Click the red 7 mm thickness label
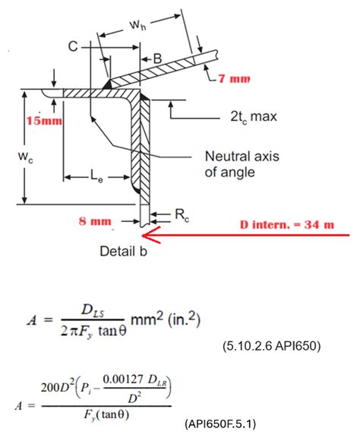pyautogui.click(x=234, y=78)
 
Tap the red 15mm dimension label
pyautogui.click(x=44, y=121)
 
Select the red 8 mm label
pyautogui.click(x=95, y=221)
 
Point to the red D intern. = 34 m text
pyautogui.click(x=287, y=225)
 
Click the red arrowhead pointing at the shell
pyautogui.click(x=150, y=234)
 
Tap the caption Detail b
pyautogui.click(x=123, y=251)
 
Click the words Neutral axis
pyautogui.click(x=242, y=156)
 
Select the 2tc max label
pyautogui.click(x=254, y=116)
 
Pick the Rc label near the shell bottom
pyautogui.click(x=182, y=215)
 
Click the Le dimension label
pyautogui.click(x=96, y=176)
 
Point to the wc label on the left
pyautogui.click(x=26, y=157)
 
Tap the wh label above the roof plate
pyautogui.click(x=137, y=25)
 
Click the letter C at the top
pyautogui.click(x=73, y=46)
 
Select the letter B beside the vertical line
pyautogui.click(x=157, y=59)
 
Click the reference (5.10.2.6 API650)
pyautogui.click(x=271, y=346)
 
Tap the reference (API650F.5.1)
pyautogui.click(x=220, y=424)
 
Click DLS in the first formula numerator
pyautogui.click(x=93, y=311)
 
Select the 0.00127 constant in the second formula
pyautogui.click(x=123, y=379)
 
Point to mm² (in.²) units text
pyautogui.click(x=166, y=319)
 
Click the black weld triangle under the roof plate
pyautogui.click(x=107, y=84)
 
